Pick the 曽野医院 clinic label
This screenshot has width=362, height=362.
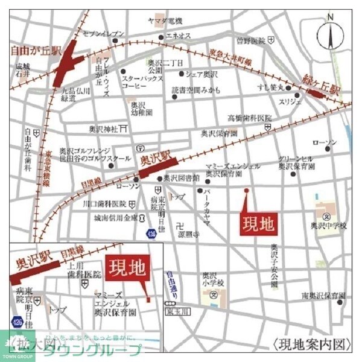pos(250,41)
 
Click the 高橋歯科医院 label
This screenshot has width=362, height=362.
pos(249,118)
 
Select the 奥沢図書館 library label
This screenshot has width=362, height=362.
pos(183,178)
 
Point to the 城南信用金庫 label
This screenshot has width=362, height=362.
pos(117,218)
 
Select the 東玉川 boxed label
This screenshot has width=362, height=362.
pos(177,312)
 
